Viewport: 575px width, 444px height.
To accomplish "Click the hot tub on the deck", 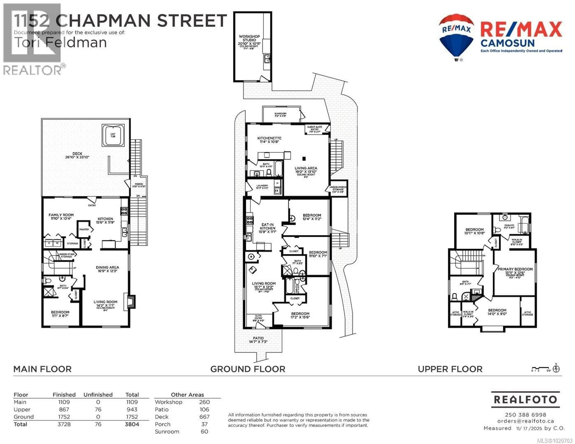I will (113, 135).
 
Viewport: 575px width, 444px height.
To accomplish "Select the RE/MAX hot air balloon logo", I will (456, 37).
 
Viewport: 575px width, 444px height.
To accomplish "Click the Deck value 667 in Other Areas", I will (204, 417).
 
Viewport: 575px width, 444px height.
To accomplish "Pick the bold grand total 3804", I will (132, 424).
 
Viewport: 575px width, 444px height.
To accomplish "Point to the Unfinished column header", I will (98, 394).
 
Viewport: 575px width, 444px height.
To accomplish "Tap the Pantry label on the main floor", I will (84, 229).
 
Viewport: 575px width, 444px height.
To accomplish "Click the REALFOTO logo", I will (525, 400).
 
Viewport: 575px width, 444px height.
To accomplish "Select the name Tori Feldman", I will (60, 42).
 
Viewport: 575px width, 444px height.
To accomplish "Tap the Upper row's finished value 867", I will (64, 409).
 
